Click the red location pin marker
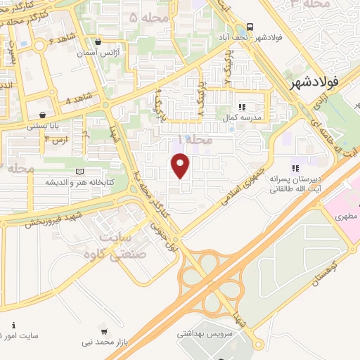pyautogui.click(x=181, y=166)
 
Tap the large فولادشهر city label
pyautogui.click(x=314, y=82)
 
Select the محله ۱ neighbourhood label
pyautogui.click(x=195, y=140)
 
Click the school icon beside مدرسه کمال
pyautogui.click(x=242, y=107)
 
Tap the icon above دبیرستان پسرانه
pyautogui.click(x=295, y=167)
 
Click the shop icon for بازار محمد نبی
pyautogui.click(x=105, y=331)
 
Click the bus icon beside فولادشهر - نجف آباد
pyautogui.click(x=250, y=25)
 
